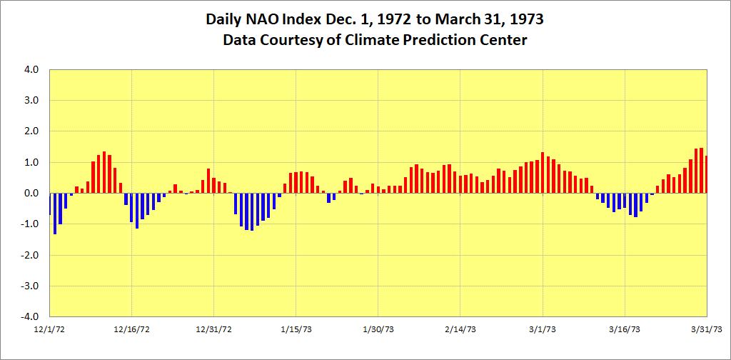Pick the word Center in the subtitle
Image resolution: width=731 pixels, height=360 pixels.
coord(503,40)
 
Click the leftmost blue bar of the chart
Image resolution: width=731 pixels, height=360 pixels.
coord(50,204)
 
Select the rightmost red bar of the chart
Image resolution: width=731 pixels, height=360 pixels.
coord(706,174)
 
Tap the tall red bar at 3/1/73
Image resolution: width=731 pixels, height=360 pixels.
coord(543,172)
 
